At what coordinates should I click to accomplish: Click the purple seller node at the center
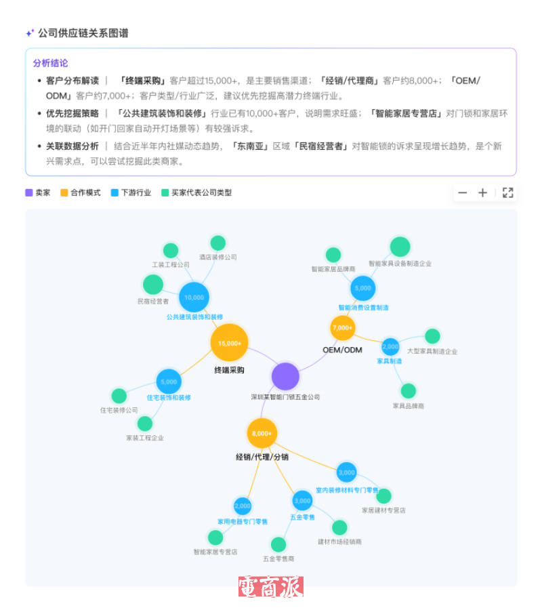285,377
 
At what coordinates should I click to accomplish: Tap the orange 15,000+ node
230,343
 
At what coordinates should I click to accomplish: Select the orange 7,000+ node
343,328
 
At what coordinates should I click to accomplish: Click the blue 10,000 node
194,297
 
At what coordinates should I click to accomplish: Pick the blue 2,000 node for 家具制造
390,347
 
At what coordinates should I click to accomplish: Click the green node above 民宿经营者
153,285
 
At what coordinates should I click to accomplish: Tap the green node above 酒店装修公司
217,243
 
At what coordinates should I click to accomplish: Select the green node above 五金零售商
278,544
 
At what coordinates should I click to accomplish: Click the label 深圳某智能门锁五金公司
285,397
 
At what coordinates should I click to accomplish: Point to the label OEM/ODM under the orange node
342,350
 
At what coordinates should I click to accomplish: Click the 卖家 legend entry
38,192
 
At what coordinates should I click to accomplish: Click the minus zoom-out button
463,193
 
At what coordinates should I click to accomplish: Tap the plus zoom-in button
482,193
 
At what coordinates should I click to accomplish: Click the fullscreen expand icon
507,193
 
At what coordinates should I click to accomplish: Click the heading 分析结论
50,63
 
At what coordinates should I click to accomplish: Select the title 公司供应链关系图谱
83,33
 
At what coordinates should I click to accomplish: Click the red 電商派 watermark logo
270,586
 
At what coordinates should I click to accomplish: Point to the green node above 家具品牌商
408,391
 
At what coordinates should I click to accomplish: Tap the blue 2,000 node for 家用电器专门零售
243,506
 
